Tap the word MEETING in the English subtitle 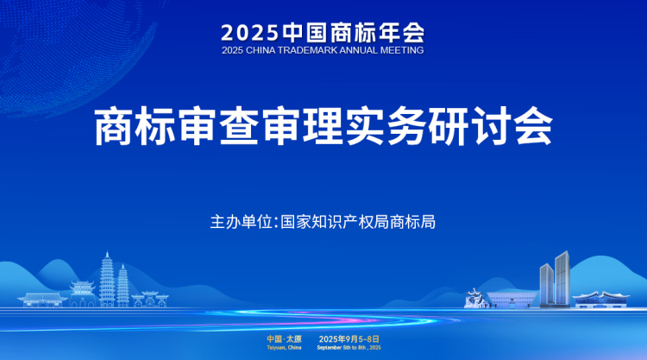point(402,50)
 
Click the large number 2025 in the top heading point(249,33)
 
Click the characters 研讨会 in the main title point(491,126)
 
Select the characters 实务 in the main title point(386,126)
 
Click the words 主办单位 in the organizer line point(241,222)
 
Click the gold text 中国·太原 point(285,339)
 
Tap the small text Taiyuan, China point(285,348)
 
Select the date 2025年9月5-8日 point(349,339)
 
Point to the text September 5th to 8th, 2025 point(349,348)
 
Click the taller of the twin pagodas point(107,280)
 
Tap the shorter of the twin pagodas point(122,286)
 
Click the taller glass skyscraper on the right point(562,279)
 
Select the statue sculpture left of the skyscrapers point(474,298)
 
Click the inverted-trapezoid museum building point(512,300)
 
